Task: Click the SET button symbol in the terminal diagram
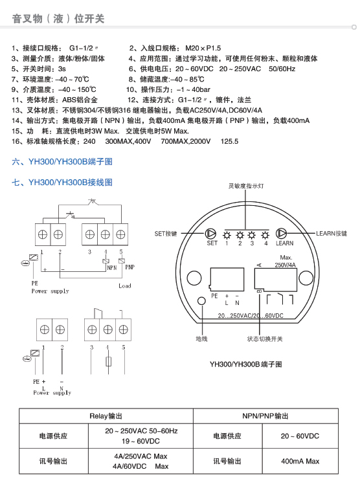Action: coord(210,234)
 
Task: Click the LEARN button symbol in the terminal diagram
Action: coord(281,234)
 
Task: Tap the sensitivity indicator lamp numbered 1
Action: coord(227,235)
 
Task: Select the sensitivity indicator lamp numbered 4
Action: coord(265,235)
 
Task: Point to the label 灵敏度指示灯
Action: coord(246,186)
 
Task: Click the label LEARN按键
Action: coord(332,234)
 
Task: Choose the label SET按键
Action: coord(166,234)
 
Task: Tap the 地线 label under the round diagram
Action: coord(201,339)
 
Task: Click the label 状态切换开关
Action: coord(265,339)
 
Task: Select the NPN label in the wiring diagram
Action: coord(112,268)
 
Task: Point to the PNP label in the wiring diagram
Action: coord(130,267)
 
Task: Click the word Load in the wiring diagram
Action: coord(125,286)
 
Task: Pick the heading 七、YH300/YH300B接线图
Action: coord(62,183)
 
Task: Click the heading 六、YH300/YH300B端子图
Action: coord(62,162)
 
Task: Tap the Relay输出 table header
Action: coord(106,416)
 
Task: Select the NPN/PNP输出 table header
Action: coord(265,416)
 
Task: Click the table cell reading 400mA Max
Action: coord(300,461)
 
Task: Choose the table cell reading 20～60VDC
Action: coord(300,436)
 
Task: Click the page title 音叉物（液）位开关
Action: coord(58,19)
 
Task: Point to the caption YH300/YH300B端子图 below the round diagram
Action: coord(246,364)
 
